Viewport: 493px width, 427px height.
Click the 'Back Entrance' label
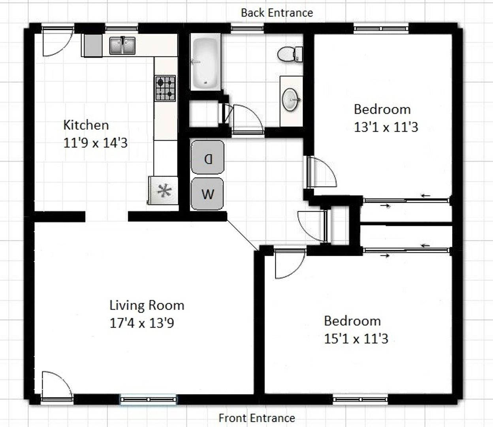(277, 13)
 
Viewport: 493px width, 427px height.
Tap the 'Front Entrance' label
(257, 418)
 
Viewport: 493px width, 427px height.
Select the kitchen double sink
(122, 45)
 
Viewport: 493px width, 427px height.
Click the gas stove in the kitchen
(165, 88)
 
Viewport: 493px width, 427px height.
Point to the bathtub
(205, 62)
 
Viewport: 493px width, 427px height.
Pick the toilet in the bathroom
(290, 54)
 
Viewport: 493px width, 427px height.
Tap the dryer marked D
(207, 157)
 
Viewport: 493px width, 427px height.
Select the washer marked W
(207, 194)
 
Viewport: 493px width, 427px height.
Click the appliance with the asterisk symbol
(164, 190)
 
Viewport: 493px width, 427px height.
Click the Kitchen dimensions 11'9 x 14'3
(96, 143)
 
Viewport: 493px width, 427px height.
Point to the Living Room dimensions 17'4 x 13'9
(142, 323)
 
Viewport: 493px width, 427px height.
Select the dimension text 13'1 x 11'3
(386, 127)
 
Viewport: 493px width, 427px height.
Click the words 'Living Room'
(147, 306)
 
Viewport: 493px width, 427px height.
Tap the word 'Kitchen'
(86, 125)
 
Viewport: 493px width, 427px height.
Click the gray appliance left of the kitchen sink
(92, 45)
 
